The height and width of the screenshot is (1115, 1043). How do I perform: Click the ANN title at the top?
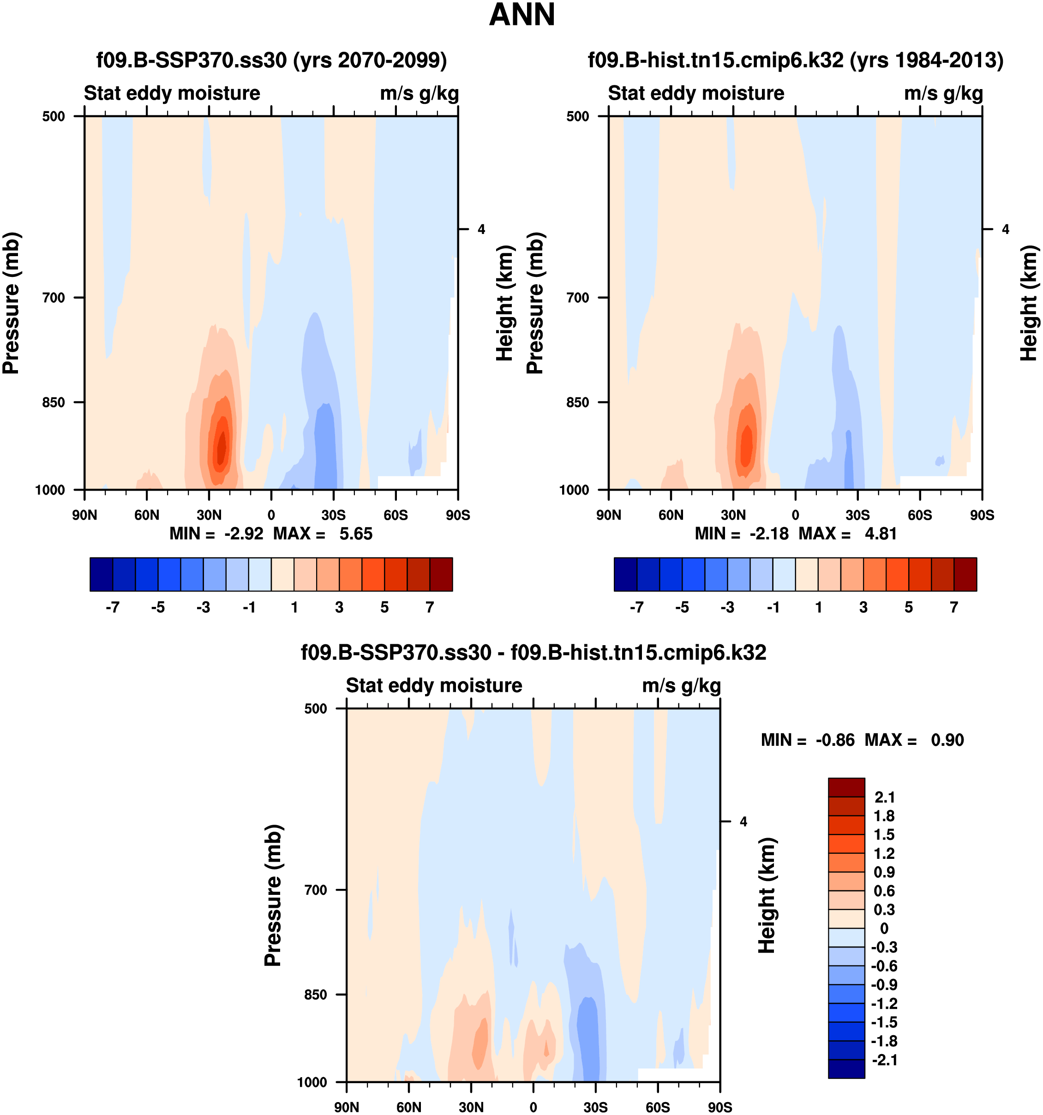point(521,15)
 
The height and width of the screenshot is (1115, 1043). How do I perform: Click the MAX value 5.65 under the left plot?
point(355,534)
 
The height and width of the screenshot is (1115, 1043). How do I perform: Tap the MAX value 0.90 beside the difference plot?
point(947,740)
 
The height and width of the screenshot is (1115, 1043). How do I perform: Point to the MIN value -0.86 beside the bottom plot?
point(835,740)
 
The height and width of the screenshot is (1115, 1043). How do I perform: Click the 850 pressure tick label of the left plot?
point(54,402)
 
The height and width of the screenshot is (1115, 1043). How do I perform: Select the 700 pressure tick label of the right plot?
point(578,297)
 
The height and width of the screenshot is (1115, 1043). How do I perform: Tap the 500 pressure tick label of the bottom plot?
point(316,708)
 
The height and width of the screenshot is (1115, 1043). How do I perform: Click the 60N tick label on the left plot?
point(146,515)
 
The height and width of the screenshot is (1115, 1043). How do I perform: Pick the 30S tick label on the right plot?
point(857,515)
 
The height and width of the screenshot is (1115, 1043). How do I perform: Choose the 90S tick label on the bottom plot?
point(719,1107)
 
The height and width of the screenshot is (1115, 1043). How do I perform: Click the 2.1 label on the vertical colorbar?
point(884,797)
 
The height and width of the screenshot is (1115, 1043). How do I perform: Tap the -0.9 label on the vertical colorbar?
point(884,984)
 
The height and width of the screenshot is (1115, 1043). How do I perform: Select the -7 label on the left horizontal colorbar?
point(112,607)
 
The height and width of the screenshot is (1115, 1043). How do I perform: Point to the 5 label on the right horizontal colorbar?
point(908,607)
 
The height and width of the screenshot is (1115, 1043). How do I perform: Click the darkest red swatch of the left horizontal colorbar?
point(441,574)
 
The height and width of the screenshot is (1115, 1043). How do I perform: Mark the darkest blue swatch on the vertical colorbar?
point(846,1068)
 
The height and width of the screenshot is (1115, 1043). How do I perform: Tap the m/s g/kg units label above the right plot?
point(944,93)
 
